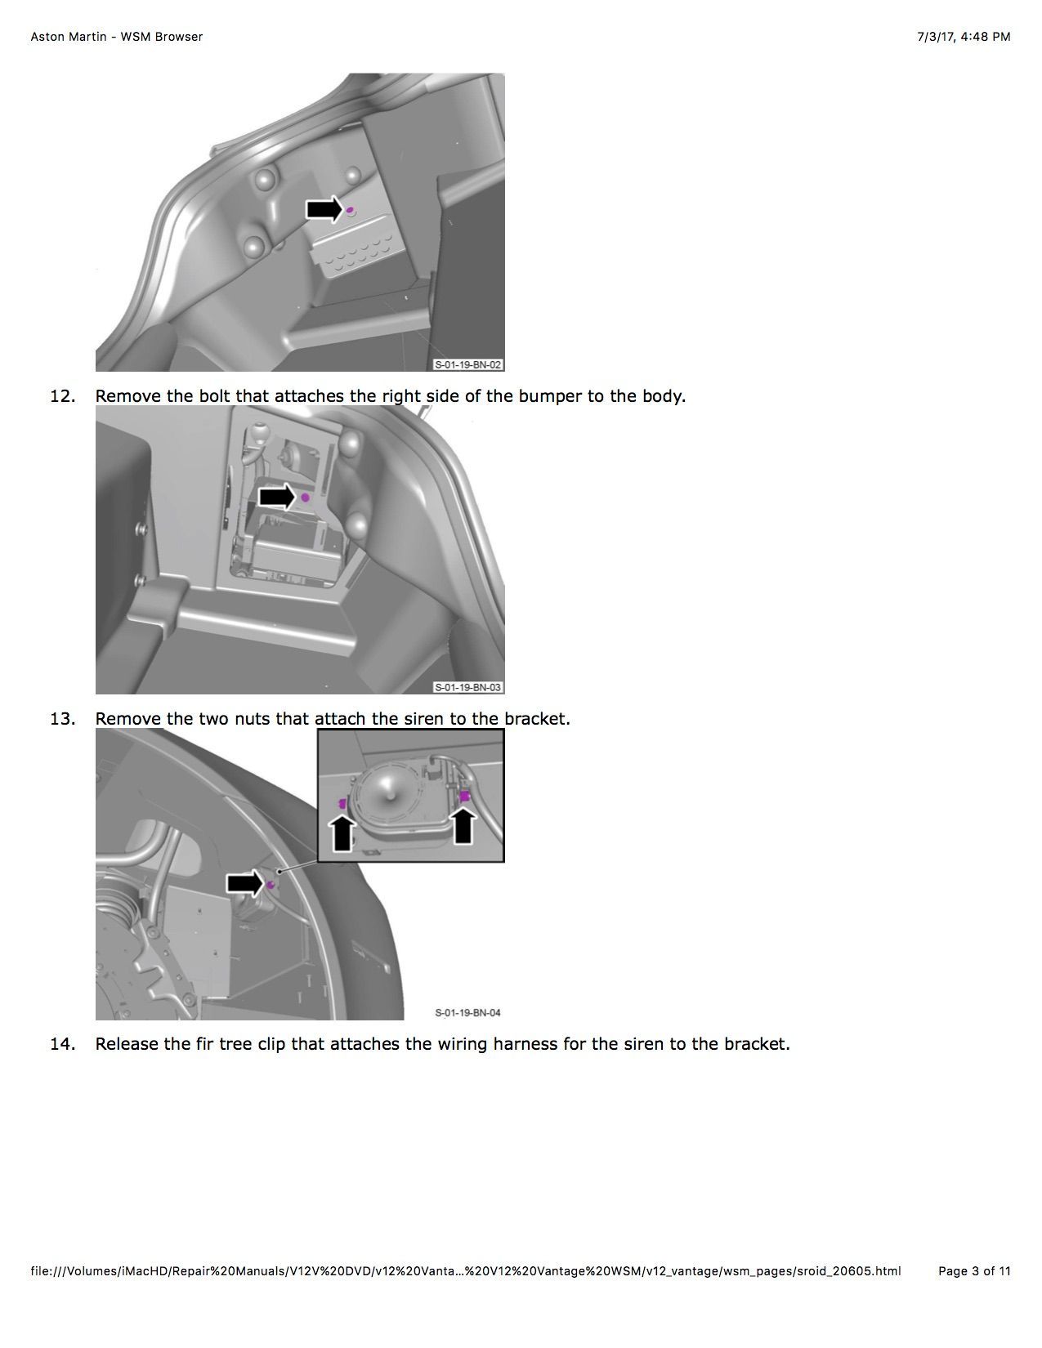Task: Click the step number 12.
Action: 62,396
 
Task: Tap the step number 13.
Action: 62,719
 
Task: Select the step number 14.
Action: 62,1044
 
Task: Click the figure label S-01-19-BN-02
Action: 468,364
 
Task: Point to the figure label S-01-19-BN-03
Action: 468,687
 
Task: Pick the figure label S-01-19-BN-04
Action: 468,1012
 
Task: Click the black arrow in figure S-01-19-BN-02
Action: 324,209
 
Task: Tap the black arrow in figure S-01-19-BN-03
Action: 277,497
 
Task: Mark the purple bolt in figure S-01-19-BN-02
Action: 351,210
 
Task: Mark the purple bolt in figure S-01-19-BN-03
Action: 305,498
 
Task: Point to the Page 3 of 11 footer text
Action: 974,1271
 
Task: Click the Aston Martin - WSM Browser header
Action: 117,37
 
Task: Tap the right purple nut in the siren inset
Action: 463,796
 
